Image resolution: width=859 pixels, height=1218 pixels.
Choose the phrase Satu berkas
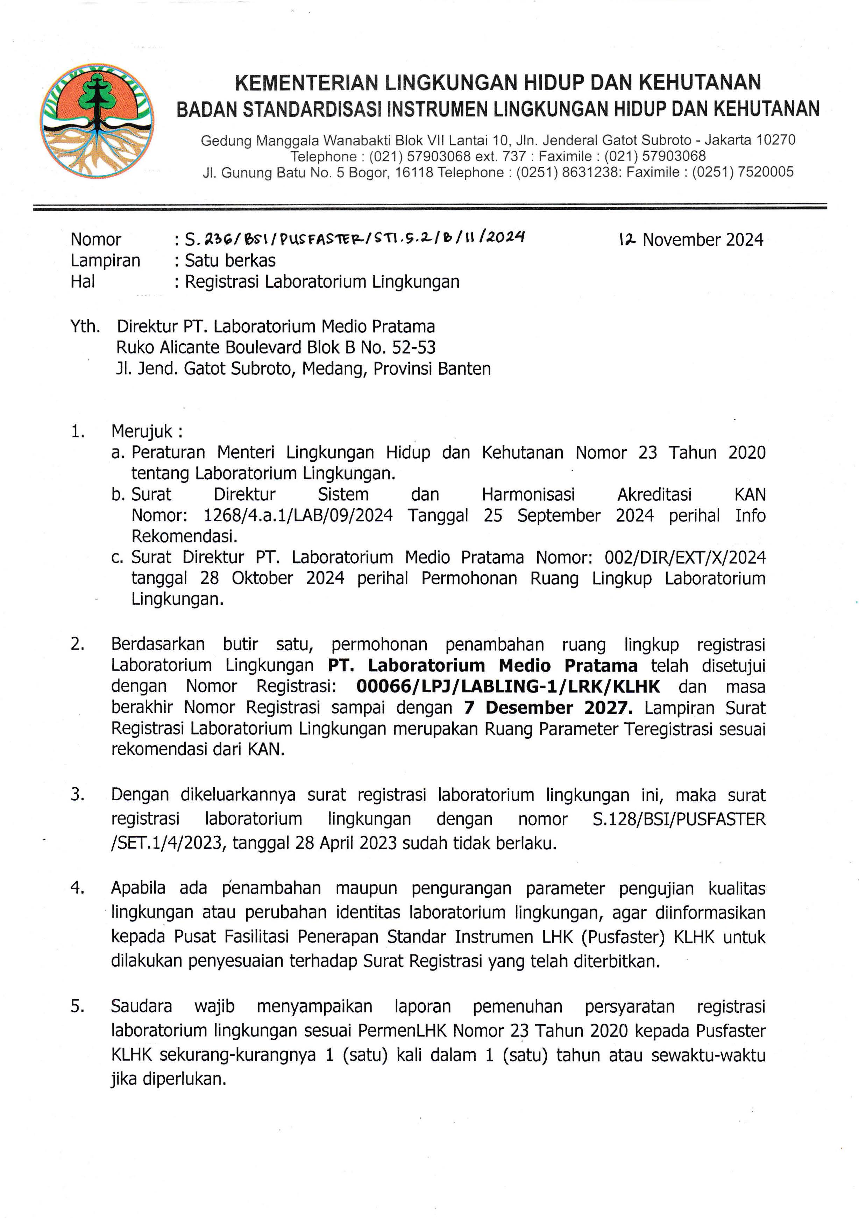pyautogui.click(x=230, y=260)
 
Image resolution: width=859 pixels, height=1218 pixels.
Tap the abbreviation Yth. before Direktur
pyautogui.click(x=85, y=326)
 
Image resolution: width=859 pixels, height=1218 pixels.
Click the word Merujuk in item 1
pyautogui.click(x=142, y=432)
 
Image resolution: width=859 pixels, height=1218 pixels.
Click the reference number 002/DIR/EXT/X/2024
pyautogui.click(x=684, y=558)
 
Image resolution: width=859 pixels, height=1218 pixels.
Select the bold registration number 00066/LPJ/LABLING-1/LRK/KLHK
pyautogui.click(x=508, y=687)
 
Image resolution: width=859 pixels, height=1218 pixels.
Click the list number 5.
pyautogui.click(x=77, y=1006)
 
